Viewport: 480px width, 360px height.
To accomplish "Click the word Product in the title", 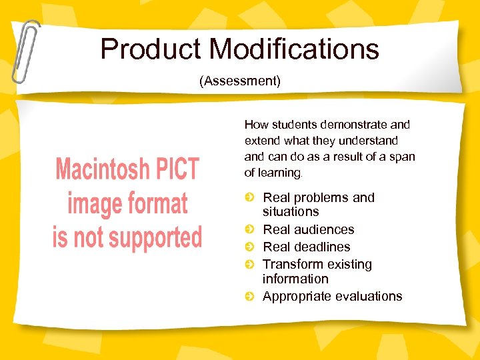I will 151,49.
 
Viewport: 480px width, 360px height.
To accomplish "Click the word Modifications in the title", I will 294,49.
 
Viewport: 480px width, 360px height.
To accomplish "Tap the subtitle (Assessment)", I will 240,81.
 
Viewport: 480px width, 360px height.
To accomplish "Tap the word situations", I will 291,211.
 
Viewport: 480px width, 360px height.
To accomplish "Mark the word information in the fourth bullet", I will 295,279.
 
